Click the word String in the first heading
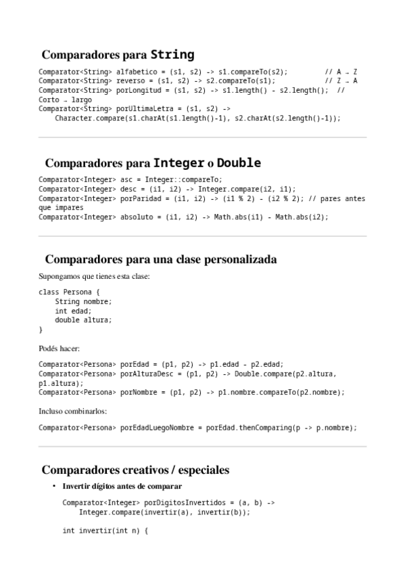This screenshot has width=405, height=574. tap(172, 55)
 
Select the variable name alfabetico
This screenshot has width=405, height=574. tap(137, 71)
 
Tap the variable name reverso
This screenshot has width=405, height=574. tap(130, 81)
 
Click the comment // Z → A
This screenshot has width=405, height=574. tap(341, 81)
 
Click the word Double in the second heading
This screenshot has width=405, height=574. tap(239, 163)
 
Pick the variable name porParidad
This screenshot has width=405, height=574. tap(137, 198)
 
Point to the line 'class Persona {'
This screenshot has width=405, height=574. tap(70, 292)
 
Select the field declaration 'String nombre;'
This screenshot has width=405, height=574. tap(83, 301)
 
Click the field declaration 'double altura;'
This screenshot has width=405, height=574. tap(83, 320)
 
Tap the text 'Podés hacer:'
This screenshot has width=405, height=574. tap(59, 348)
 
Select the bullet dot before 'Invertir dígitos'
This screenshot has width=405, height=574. tap(53, 487)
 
